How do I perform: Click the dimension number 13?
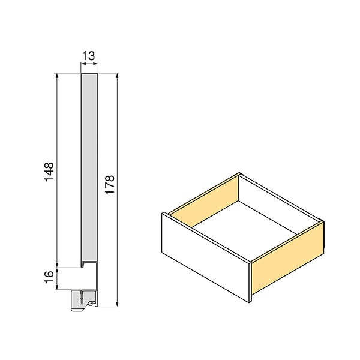point(88,56)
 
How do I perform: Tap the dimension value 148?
point(49,172)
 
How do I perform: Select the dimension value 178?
point(110,185)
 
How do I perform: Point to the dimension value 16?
point(49,277)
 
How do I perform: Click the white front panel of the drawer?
point(205,257)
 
